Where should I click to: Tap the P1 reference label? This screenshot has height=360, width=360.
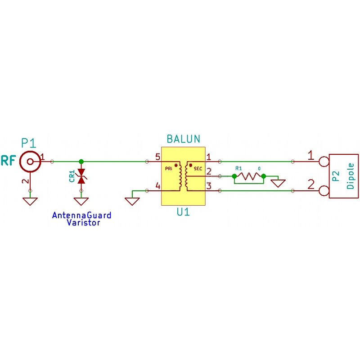pos(28,143)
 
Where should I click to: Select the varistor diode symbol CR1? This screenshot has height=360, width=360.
pos(81,176)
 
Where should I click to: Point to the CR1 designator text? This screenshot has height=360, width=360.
pos(72,176)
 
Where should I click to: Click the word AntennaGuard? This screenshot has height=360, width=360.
pos(81,216)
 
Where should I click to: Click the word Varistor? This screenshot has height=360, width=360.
pos(83,222)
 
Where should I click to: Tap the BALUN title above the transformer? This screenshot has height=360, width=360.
pos(183,139)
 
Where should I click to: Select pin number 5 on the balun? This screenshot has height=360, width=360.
pos(157,157)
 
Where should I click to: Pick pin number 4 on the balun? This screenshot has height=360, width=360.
pos(157,186)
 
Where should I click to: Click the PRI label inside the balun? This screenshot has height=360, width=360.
pos(169,169)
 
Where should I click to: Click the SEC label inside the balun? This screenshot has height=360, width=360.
pos(198,169)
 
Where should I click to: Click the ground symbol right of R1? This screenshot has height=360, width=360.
pos(278,183)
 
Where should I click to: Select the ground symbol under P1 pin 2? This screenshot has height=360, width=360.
pos(30,201)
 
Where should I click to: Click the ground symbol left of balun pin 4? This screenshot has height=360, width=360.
pos(132,201)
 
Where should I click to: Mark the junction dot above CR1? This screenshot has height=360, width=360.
pos(81,161)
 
